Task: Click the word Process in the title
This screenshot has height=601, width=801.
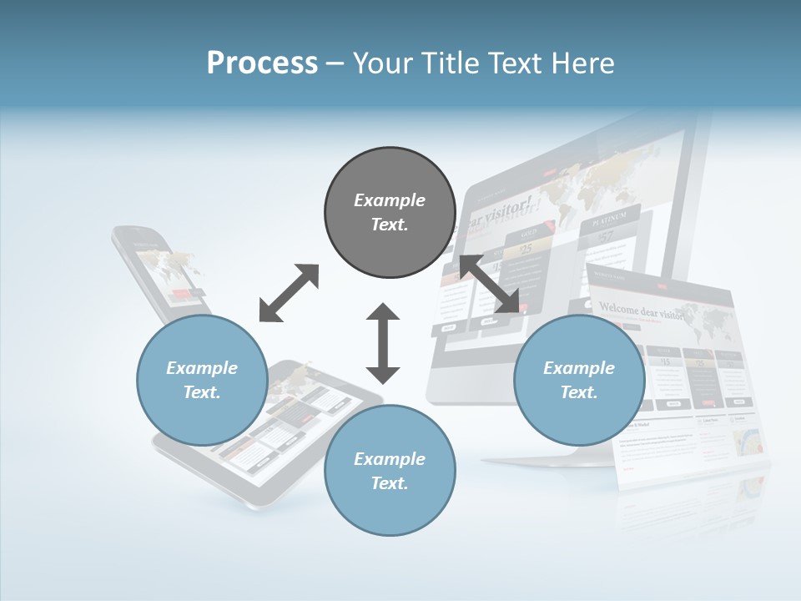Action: (x=262, y=63)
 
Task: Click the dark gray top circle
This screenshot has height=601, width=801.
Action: (x=390, y=212)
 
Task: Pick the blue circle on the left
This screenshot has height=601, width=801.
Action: (x=202, y=380)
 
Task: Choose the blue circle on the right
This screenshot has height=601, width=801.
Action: (x=579, y=380)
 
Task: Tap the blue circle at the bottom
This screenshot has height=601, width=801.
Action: (x=390, y=470)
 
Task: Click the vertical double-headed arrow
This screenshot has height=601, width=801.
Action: (x=383, y=343)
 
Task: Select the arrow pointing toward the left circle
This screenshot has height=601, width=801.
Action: (x=289, y=293)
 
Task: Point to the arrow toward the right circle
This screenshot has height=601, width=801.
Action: (x=489, y=284)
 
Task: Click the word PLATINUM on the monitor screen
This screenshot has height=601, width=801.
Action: (x=610, y=219)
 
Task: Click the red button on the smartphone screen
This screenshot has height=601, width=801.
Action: (x=183, y=293)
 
